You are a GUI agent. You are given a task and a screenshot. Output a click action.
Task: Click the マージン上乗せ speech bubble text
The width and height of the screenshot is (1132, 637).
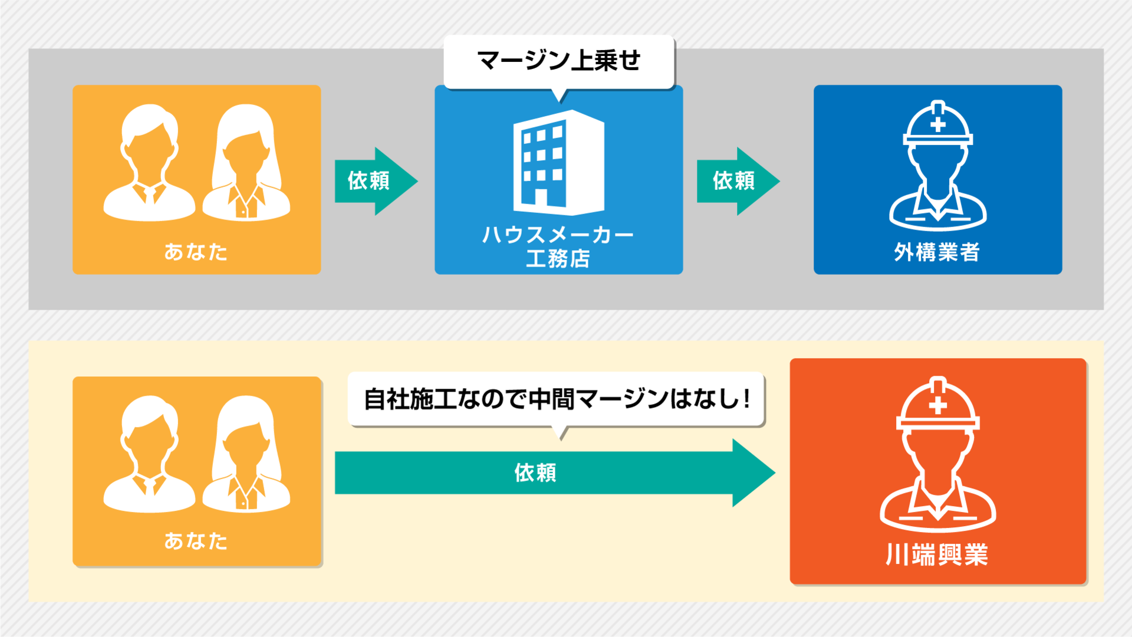point(558,61)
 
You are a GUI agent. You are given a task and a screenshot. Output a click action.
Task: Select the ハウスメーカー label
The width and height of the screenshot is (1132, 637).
point(558,235)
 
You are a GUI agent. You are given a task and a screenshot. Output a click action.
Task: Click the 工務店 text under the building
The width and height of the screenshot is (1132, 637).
point(558,258)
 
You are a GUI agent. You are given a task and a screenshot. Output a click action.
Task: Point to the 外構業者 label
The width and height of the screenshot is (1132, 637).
point(937,252)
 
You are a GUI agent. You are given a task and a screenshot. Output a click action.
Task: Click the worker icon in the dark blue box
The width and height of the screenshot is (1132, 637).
point(937,168)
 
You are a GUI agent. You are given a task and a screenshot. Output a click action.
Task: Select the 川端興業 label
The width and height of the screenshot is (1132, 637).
point(937,555)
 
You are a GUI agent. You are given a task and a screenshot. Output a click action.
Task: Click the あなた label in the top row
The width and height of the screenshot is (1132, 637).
point(196,252)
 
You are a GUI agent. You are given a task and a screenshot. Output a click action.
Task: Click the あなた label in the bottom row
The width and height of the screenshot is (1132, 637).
point(196,541)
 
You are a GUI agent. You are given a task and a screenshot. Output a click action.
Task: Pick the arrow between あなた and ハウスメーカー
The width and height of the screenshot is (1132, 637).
point(376,181)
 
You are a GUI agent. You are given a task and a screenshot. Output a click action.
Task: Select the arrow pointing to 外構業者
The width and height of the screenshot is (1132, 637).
point(737,181)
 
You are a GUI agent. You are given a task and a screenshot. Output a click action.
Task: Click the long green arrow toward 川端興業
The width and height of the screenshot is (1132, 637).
point(554,472)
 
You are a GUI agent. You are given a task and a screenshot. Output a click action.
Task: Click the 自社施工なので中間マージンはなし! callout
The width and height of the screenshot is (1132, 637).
point(556,399)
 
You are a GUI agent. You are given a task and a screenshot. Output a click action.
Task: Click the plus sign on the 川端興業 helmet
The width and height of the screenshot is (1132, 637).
point(937,406)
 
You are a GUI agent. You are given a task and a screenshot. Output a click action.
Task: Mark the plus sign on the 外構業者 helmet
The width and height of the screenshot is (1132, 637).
point(937,124)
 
